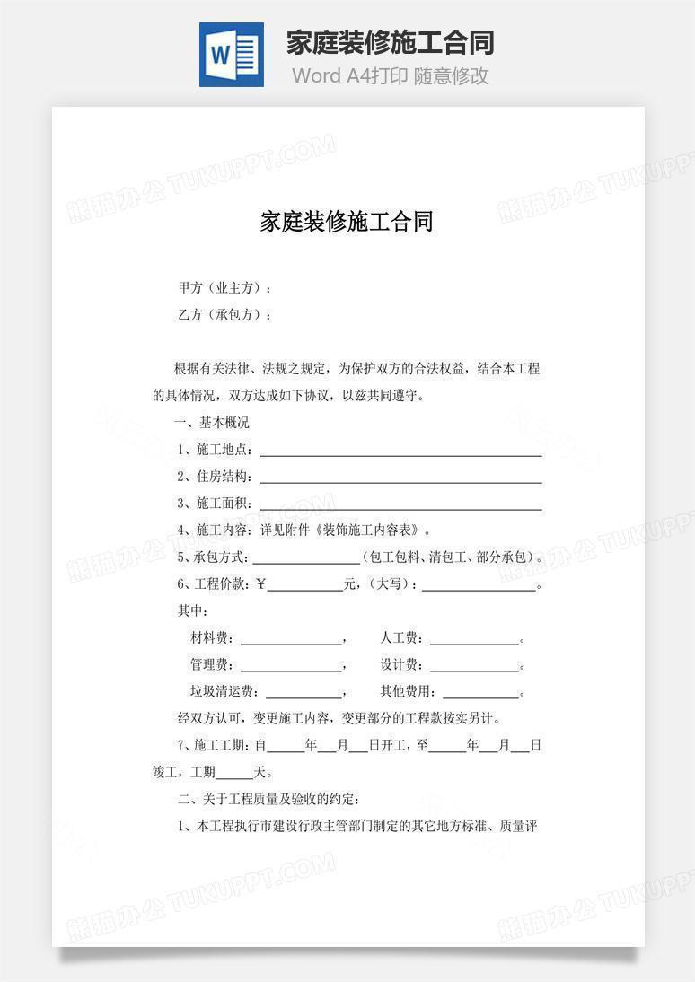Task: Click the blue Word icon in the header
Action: pos(232,55)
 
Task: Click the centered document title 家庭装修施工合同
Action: pos(347,222)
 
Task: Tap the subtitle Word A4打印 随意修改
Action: pos(390,76)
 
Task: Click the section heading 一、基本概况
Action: pos(214,422)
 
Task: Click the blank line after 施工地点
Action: pos(400,452)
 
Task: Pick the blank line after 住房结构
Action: pos(400,478)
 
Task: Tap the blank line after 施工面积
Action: pos(400,505)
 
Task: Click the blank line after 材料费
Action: pos(291,641)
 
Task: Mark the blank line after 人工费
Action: pos(474,641)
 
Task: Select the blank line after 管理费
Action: pos(291,668)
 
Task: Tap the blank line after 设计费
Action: pos(474,668)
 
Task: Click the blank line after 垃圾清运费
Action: pos(304,695)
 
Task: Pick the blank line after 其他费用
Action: pos(480,695)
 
